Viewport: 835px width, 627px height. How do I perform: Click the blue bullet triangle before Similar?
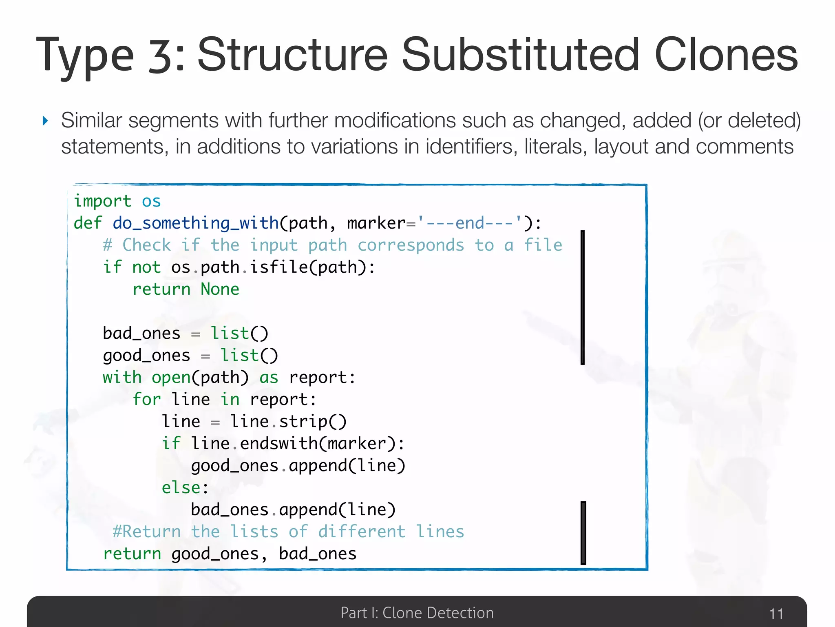pos(45,121)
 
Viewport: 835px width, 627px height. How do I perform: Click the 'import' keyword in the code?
pos(102,201)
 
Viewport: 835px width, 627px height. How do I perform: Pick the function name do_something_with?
pos(196,223)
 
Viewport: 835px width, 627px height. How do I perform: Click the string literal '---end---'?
pos(469,223)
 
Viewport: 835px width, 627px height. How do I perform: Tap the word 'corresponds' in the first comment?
pos(411,245)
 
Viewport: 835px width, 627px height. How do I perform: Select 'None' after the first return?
pos(220,289)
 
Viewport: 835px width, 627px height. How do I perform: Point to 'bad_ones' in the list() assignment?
pos(141,334)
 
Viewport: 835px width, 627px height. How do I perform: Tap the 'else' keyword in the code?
pos(181,488)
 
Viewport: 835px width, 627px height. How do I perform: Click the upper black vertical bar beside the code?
pos(583,297)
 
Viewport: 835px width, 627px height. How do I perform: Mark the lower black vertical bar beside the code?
pos(583,533)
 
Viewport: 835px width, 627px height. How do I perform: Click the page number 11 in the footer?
pos(776,614)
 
